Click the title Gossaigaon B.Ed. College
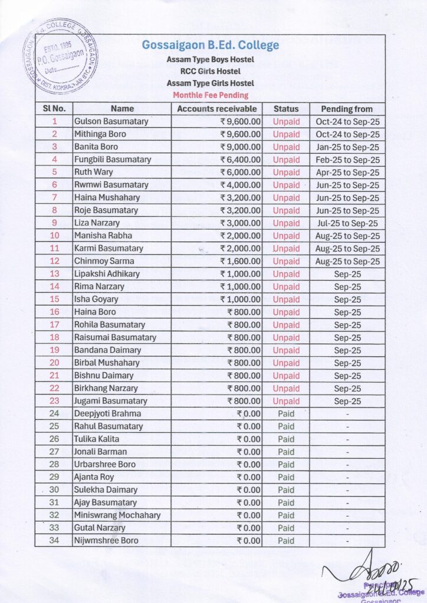pos(210,45)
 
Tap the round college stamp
pos(60,58)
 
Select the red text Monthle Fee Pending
pos(210,95)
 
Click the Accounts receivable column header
pos(217,109)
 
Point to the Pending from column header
pos(347,109)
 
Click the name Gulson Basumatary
pos(111,121)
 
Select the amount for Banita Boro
pos(240,147)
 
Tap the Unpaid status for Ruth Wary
pos(286,173)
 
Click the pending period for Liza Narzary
pos(347,223)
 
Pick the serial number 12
pos(55,261)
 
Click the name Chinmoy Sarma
pos(104,261)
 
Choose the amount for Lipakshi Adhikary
pos(240,274)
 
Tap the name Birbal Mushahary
pos(107,363)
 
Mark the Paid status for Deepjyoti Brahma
pos(286,413)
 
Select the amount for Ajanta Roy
pos(248,477)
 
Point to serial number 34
pos(55,541)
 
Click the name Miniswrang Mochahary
pos(117,515)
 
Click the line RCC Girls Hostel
pos(210,71)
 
